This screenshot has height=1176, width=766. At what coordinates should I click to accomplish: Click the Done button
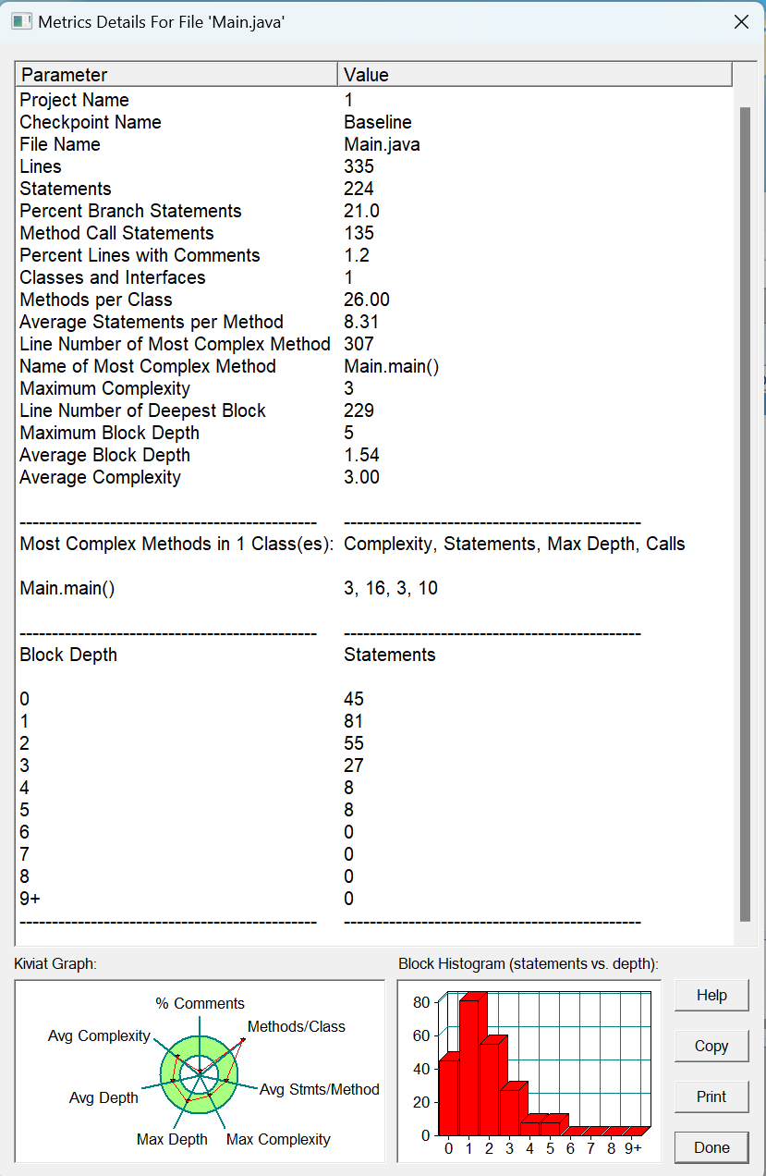coord(711,1147)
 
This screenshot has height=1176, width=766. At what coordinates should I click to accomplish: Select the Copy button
coord(711,1046)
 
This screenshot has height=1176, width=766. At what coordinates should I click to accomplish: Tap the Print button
coord(711,1096)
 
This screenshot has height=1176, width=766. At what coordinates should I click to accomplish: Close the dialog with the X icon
coord(741,21)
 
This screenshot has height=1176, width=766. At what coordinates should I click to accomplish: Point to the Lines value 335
coord(359,166)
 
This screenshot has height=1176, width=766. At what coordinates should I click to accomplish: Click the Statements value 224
coord(359,189)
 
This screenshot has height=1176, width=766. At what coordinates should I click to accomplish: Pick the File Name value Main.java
coord(382,144)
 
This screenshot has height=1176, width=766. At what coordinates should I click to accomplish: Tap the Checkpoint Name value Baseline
coord(378,122)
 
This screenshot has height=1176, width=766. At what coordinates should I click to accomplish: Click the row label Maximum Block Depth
coord(109,433)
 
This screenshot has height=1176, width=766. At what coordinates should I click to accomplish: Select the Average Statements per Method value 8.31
coord(361,322)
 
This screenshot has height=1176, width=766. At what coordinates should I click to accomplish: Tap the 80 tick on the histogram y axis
coord(421,1002)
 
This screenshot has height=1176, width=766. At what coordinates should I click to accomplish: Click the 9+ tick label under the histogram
coord(632,1149)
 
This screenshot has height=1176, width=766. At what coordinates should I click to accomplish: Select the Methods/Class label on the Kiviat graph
coord(296,1026)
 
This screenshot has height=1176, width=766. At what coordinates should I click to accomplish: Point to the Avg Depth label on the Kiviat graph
coord(103,1097)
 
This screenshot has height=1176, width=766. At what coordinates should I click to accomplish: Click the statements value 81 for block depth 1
coord(354,721)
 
